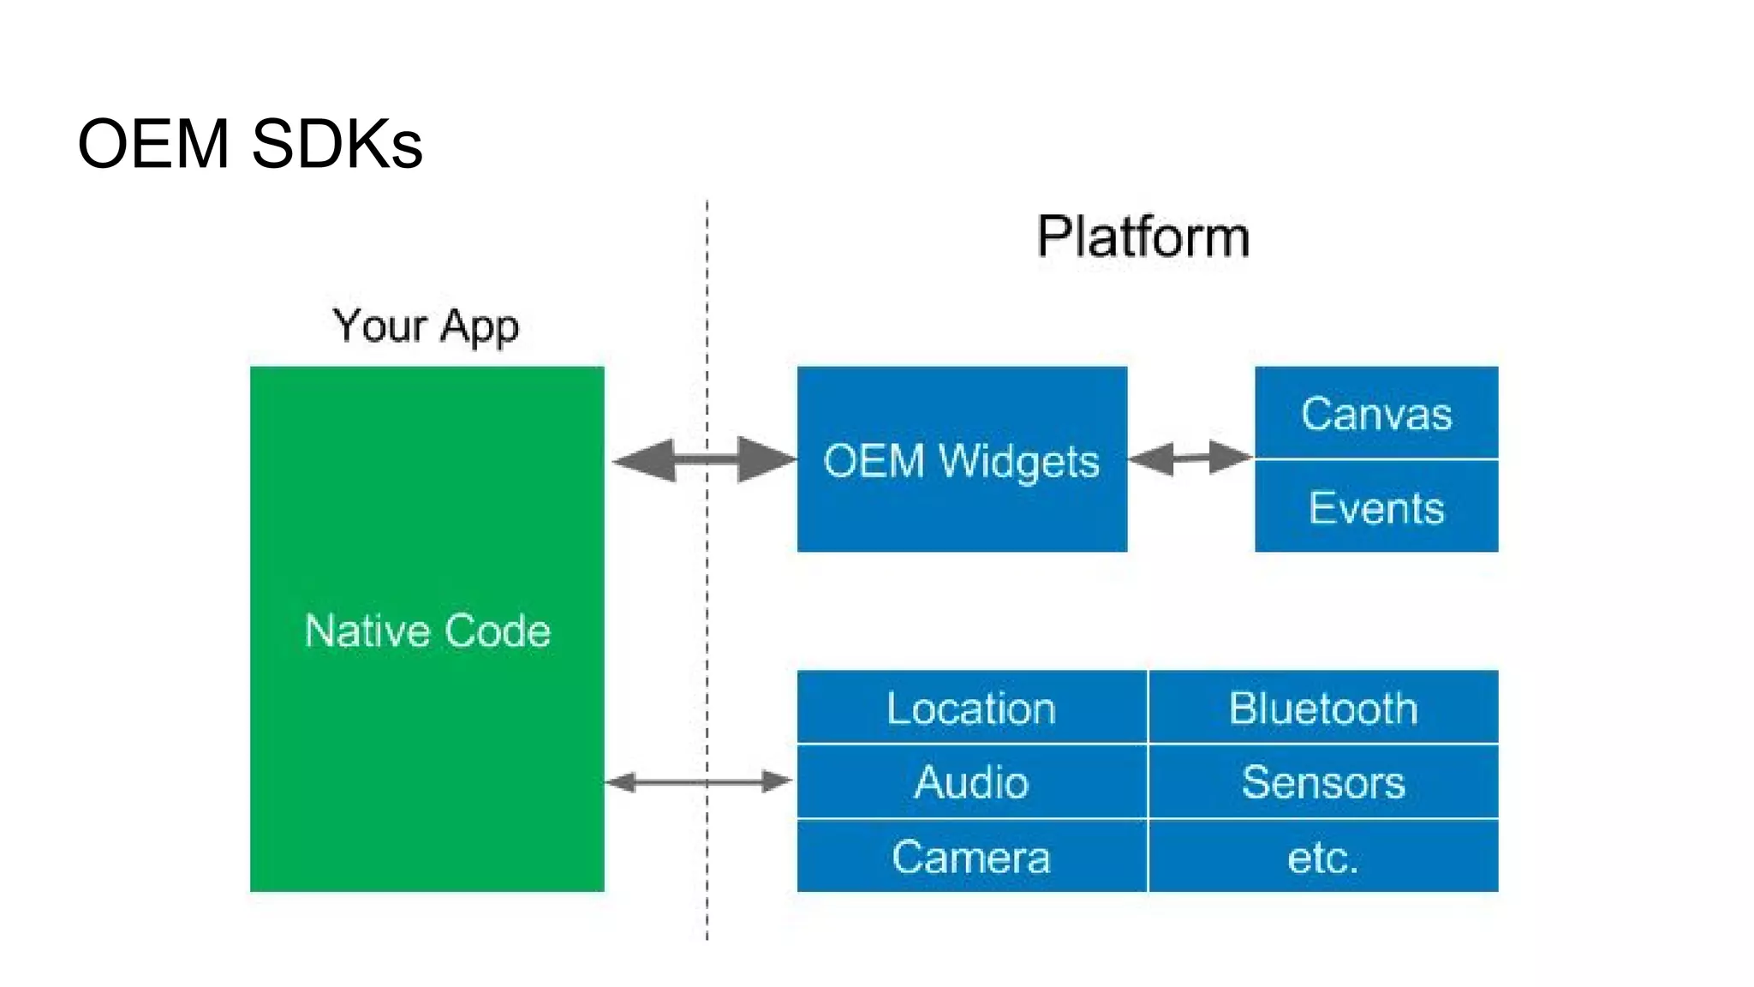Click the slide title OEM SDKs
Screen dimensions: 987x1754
tap(249, 144)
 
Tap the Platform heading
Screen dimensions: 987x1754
tap(1143, 236)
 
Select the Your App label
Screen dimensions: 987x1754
tap(426, 326)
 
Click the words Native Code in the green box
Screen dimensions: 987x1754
tap(427, 631)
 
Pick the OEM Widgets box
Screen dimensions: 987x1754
tap(961, 460)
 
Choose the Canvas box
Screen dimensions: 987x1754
tap(1376, 414)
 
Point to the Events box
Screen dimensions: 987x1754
tap(1376, 507)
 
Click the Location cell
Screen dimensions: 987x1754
tap(971, 709)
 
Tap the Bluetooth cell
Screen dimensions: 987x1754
tap(1323, 709)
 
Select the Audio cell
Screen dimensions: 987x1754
tap(971, 782)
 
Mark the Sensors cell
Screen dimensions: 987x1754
tap(1323, 782)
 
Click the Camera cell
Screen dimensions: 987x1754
tap(971, 857)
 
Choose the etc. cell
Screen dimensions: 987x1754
tap(1323, 857)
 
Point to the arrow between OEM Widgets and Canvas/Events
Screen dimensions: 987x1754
tap(1190, 458)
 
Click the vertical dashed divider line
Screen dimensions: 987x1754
tap(707, 600)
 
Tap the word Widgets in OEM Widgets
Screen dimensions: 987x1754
tap(1019, 461)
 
